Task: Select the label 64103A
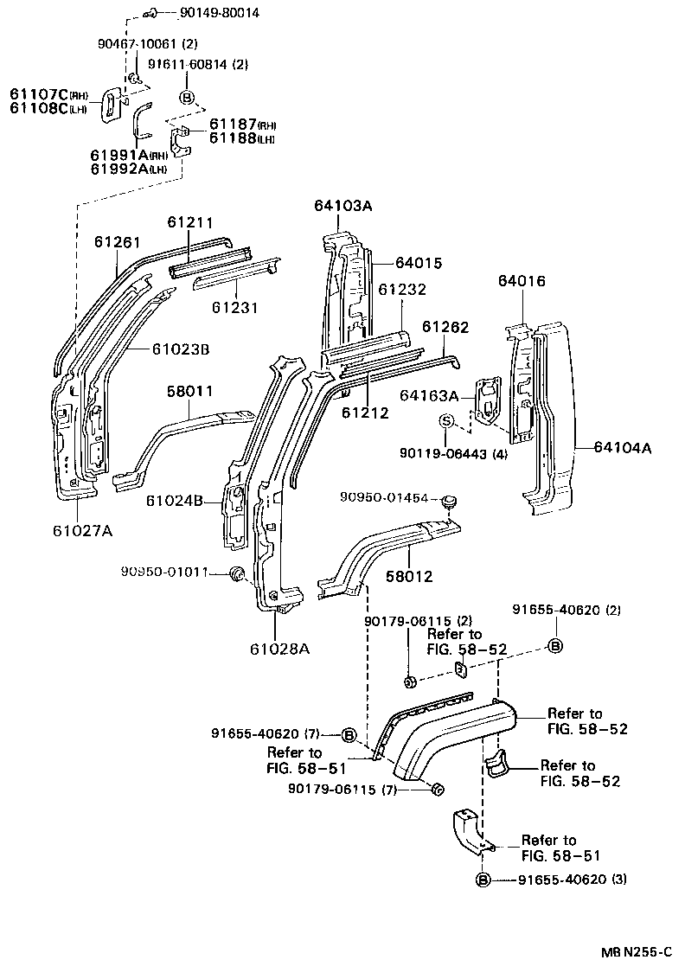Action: pyautogui.click(x=344, y=206)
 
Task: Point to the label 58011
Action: pyautogui.click(x=189, y=392)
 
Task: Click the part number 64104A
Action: pyautogui.click(x=623, y=447)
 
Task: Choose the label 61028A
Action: pyautogui.click(x=280, y=647)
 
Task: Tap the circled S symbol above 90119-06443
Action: pyautogui.click(x=446, y=421)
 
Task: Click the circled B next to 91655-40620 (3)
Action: pyautogui.click(x=483, y=880)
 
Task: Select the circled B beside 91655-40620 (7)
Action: pyautogui.click(x=349, y=734)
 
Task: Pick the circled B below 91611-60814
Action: pyautogui.click(x=187, y=95)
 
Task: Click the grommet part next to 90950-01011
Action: pyautogui.click(x=234, y=574)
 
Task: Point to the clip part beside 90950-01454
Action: pyautogui.click(x=448, y=501)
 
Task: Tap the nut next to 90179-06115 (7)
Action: pyautogui.click(x=437, y=788)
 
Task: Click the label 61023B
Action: pyautogui.click(x=181, y=349)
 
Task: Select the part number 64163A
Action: pyautogui.click(x=429, y=395)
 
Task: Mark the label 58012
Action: pyautogui.click(x=409, y=576)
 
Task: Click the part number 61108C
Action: pyautogui.click(x=39, y=108)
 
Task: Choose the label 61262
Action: pyautogui.click(x=445, y=326)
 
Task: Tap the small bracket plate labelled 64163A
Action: pyautogui.click(x=488, y=400)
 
